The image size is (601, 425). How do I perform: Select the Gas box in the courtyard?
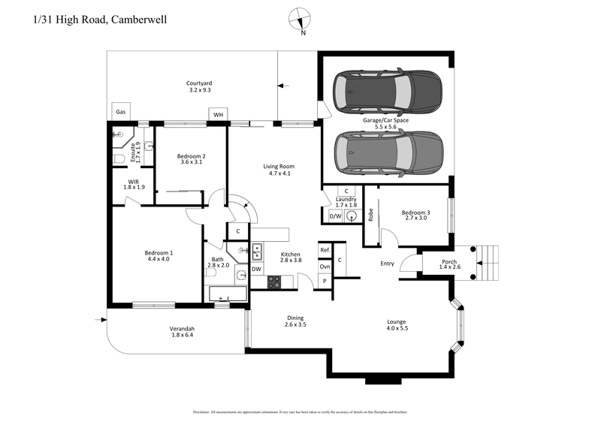click(x=120, y=112)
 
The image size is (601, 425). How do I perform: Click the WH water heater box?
click(x=219, y=114)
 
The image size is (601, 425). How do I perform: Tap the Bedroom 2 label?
click(x=192, y=156)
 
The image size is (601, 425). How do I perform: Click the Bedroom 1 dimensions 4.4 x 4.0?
click(x=159, y=260)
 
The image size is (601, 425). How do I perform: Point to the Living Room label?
click(x=277, y=167)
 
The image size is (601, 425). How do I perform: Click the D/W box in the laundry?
click(x=335, y=217)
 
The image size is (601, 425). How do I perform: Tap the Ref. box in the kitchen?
click(x=325, y=249)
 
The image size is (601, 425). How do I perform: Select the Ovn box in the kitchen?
click(x=325, y=266)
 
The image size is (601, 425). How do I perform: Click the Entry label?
click(x=388, y=264)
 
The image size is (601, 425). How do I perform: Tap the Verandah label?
click(x=182, y=329)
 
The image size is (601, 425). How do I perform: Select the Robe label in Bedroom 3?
click(x=371, y=214)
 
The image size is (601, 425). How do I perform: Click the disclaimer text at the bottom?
click(x=300, y=412)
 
